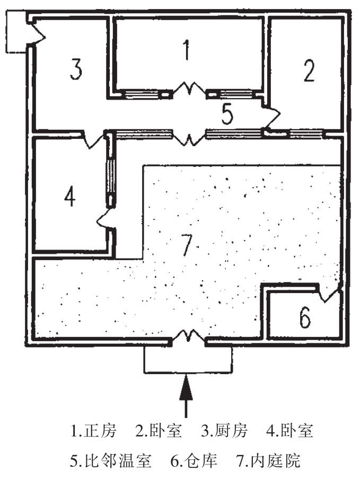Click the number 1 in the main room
pyautogui.click(x=186, y=51)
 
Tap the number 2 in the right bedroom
pyautogui.click(x=309, y=70)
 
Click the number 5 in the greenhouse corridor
pyautogui.click(x=227, y=114)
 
